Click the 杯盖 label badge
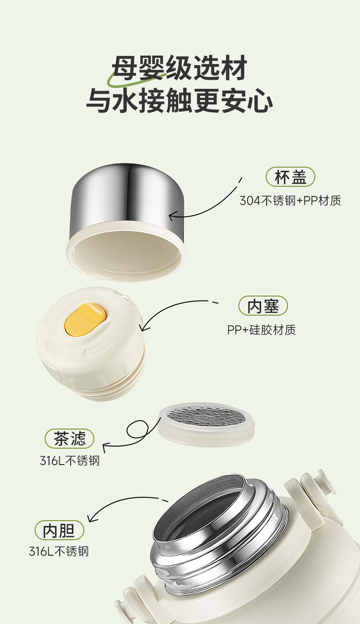coord(290,177)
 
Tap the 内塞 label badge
coord(263,306)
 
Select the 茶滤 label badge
coord(69,439)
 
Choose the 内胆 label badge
coord(59,530)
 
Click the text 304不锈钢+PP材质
coord(290,200)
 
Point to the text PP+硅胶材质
coord(262,330)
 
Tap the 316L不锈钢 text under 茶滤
coord(69,461)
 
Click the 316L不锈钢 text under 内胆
coord(59,551)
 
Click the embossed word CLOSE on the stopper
coord(57,349)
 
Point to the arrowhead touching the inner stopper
coord(144,325)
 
